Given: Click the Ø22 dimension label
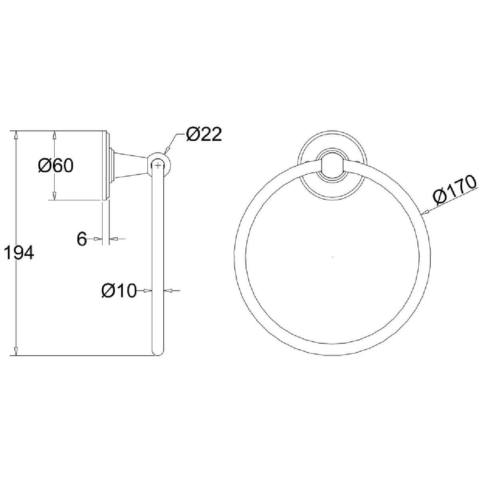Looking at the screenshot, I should [x=203, y=135].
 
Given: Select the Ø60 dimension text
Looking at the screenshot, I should [x=56, y=165].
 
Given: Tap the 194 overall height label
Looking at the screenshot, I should [x=19, y=253].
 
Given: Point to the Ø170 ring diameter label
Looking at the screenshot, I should [x=455, y=191].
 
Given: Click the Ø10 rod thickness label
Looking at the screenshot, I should [x=119, y=291].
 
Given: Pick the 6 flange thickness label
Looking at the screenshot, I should [x=81, y=239].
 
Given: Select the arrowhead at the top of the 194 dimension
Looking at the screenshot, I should [x=16, y=135].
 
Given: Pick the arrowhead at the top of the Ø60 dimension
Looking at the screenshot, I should [x=54, y=135].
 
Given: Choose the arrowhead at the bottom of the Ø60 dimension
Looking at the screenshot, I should [x=54, y=195].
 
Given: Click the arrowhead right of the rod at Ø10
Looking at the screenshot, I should [x=168, y=291].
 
